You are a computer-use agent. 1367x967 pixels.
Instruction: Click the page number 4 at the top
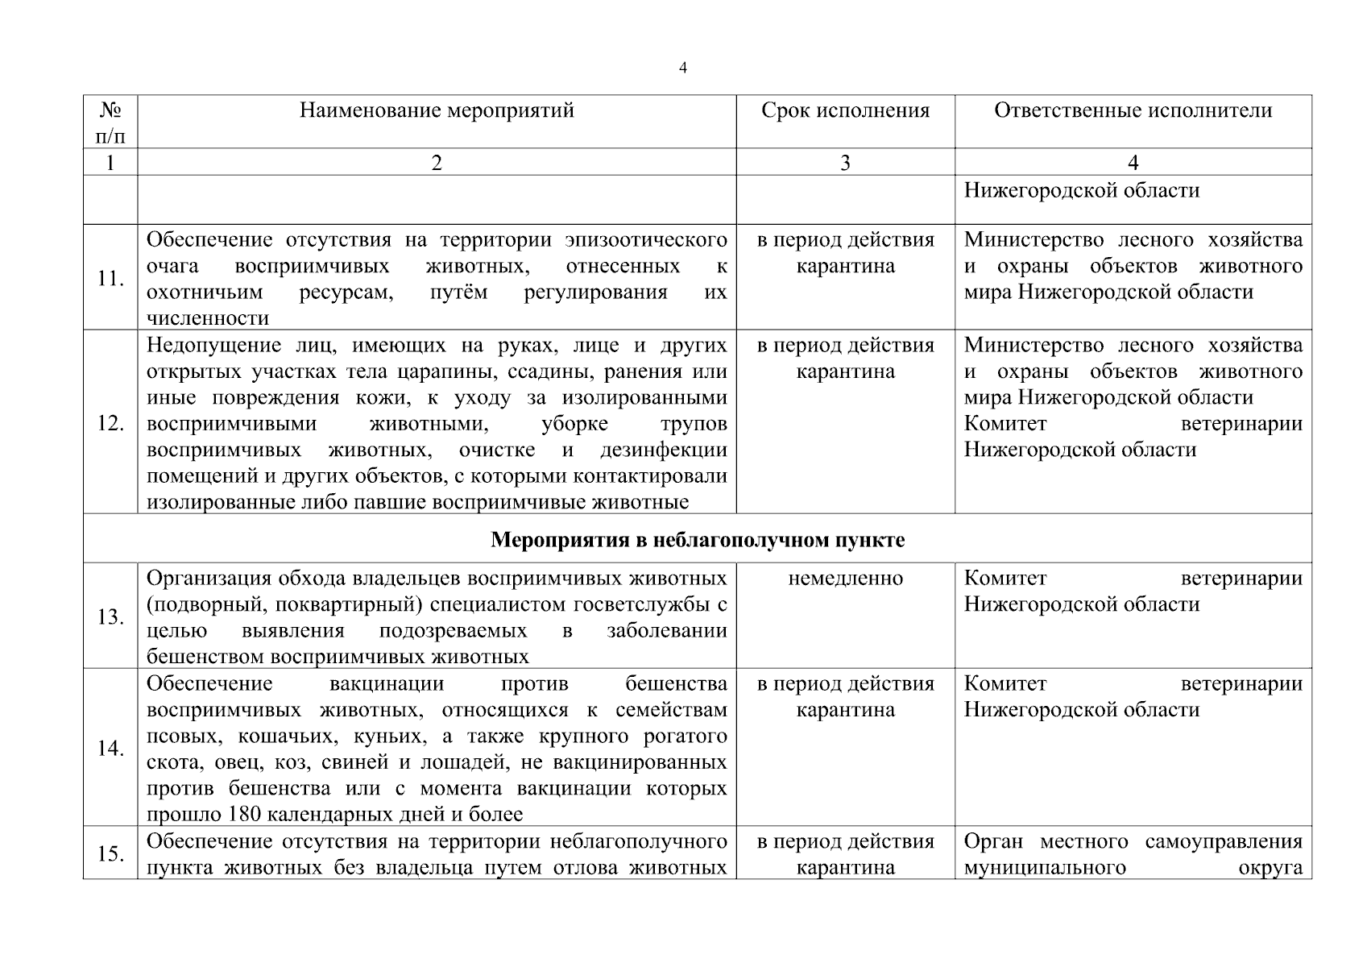point(682,68)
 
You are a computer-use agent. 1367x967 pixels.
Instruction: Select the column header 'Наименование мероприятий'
point(437,110)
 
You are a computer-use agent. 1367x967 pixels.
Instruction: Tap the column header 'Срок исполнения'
point(845,110)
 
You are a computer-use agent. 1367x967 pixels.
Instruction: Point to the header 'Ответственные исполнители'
point(1133,110)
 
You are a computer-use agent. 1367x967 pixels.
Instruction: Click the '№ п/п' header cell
point(110,122)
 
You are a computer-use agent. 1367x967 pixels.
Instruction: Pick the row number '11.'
point(110,279)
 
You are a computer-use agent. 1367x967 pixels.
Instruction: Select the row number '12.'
point(110,423)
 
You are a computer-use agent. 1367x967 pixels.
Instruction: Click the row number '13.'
point(110,617)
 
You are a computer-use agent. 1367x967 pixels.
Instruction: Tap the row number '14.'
point(110,749)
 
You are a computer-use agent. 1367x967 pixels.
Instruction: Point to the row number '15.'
point(110,854)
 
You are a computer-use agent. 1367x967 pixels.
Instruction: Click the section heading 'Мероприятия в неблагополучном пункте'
point(698,540)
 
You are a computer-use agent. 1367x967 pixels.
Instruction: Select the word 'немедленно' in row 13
point(845,579)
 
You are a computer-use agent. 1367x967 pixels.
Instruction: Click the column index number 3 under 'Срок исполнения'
point(845,164)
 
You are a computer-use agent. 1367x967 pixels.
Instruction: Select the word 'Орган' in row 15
point(993,842)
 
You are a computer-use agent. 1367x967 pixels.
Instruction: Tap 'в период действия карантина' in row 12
point(845,358)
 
